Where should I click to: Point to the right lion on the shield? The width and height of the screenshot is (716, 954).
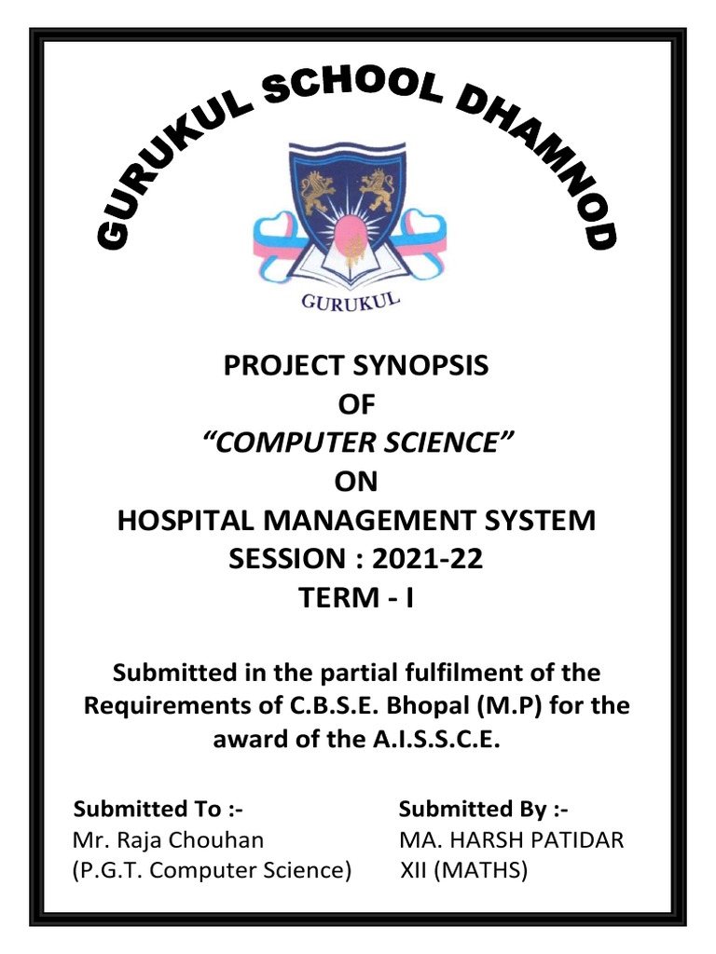377,190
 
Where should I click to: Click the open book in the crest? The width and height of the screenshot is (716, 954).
351,266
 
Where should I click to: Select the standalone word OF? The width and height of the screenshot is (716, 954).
357,405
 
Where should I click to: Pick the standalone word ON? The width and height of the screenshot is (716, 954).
356,482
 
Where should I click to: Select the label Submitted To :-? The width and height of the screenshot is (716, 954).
158,808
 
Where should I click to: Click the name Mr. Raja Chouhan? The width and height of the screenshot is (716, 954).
168,840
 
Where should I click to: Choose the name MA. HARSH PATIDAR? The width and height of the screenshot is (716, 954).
511,840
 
